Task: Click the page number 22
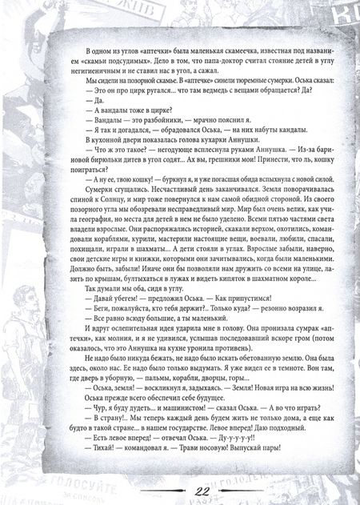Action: (180, 490)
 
